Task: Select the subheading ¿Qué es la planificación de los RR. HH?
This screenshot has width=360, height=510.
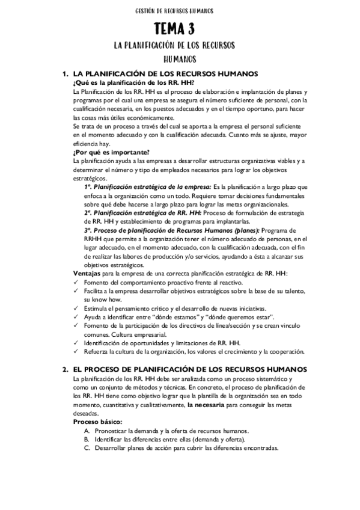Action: (x=133, y=82)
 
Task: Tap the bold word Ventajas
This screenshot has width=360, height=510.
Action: (x=85, y=274)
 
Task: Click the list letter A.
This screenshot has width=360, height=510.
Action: (x=87, y=431)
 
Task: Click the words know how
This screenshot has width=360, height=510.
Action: (x=106, y=299)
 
